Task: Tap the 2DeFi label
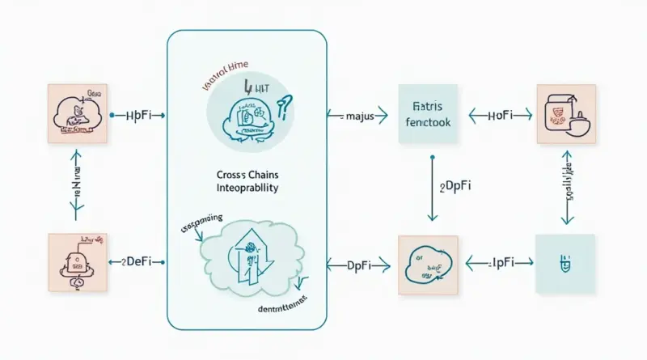click(140, 263)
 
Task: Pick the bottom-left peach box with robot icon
click(78, 263)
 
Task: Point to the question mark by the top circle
click(285, 105)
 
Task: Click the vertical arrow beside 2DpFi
click(432, 188)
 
